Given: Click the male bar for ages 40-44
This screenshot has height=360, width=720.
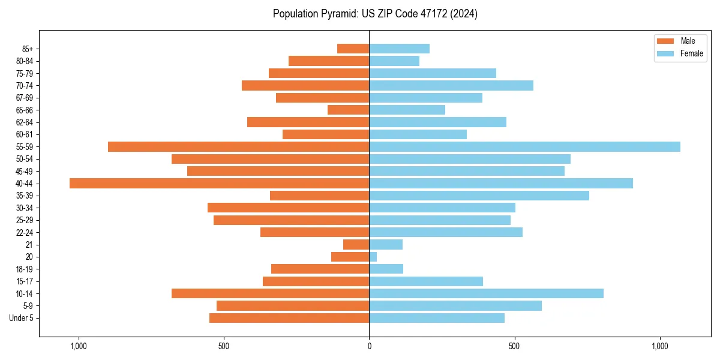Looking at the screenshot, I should [x=219, y=184].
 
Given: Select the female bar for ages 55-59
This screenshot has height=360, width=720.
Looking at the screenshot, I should [x=524, y=147].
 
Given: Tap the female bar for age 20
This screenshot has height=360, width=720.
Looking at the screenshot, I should [x=373, y=257].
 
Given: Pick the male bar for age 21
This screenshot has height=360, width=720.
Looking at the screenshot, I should [x=356, y=245].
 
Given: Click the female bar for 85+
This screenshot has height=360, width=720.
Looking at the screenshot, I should [x=399, y=49].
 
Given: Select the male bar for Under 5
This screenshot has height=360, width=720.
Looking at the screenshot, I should [x=289, y=318].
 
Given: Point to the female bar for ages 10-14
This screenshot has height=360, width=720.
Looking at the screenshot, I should [x=486, y=293].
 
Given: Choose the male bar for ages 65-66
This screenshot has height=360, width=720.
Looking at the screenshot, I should [x=348, y=110].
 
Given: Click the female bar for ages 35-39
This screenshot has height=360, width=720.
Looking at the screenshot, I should [x=479, y=196].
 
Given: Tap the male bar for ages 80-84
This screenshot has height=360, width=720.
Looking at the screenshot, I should [x=329, y=61].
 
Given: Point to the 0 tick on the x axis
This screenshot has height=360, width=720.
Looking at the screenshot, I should [x=369, y=346].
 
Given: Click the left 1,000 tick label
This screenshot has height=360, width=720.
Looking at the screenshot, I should [x=79, y=346].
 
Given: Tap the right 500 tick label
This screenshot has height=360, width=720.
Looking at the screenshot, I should [x=514, y=346].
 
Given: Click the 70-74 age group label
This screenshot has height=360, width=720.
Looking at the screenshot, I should [x=25, y=86].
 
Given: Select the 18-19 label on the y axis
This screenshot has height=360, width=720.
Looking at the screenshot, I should [x=25, y=269].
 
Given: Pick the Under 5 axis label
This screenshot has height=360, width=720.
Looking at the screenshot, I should [x=22, y=318].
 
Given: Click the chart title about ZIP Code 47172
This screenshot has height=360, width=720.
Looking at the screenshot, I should [x=375, y=14].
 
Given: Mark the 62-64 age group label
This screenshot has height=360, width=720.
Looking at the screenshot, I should [x=25, y=122].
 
